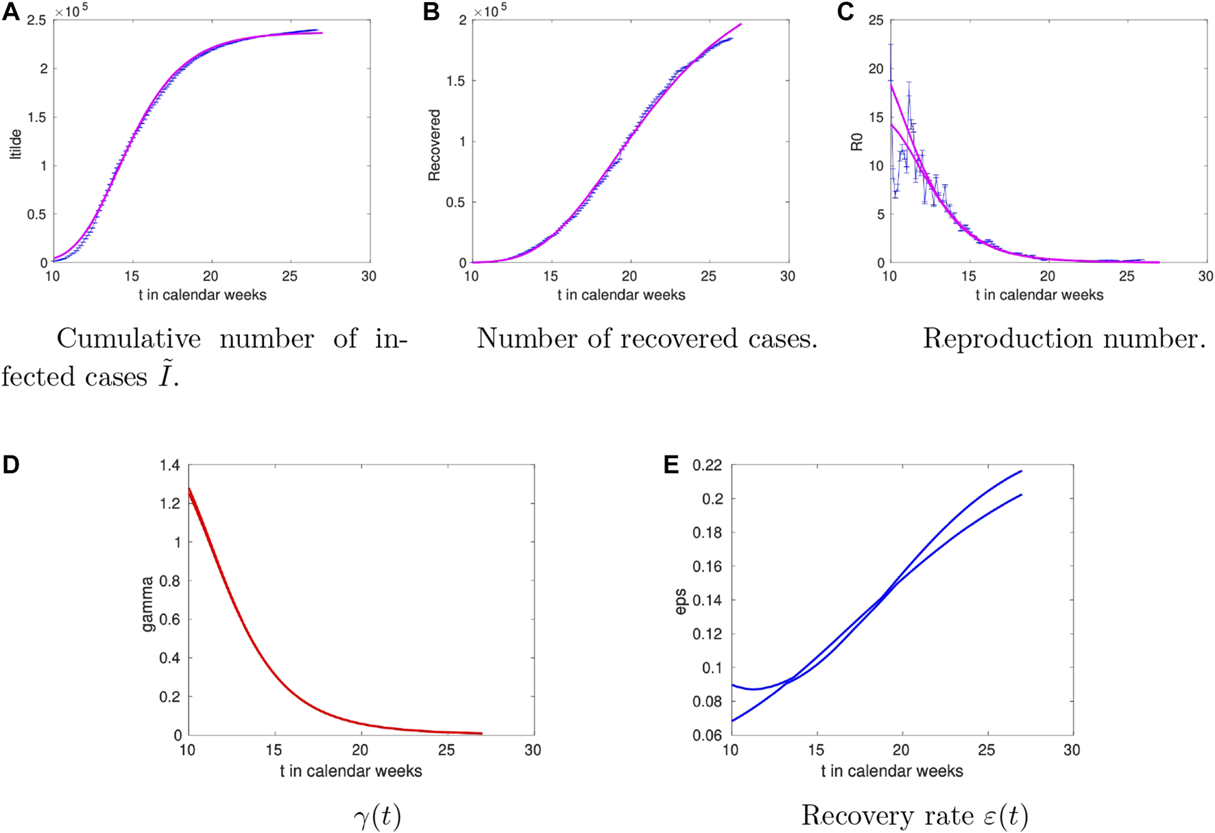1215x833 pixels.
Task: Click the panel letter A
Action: click(x=11, y=12)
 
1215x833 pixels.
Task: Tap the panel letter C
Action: click(x=845, y=12)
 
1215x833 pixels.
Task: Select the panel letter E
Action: click(x=671, y=465)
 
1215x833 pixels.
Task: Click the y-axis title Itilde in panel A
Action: click(x=16, y=144)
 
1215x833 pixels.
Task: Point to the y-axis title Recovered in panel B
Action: click(x=434, y=145)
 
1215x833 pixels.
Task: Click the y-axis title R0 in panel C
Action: click(x=856, y=142)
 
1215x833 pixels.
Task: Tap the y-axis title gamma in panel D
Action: click(x=147, y=604)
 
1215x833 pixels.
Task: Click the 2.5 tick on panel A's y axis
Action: click(x=37, y=21)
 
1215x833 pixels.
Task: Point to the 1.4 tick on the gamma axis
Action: click(x=170, y=466)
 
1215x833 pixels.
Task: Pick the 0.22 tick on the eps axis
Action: click(x=707, y=466)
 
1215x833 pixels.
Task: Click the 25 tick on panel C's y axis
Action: click(x=876, y=21)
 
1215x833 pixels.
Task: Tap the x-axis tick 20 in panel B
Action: click(x=629, y=276)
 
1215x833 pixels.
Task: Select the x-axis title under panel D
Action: click(x=350, y=771)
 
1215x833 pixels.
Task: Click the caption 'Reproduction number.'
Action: click(x=1063, y=338)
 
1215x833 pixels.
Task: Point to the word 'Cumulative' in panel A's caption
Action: click(x=129, y=338)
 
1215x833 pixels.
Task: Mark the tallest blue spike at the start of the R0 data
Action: click(x=890, y=45)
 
